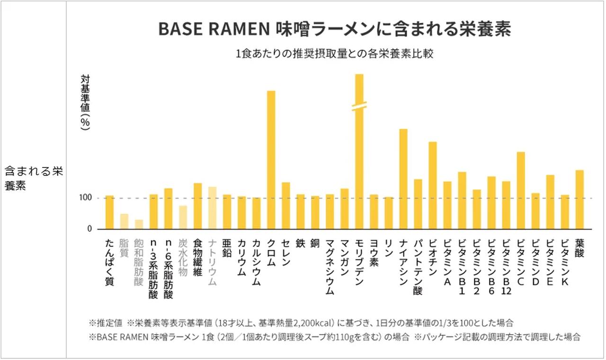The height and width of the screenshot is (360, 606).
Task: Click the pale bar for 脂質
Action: pyautogui.click(x=124, y=221)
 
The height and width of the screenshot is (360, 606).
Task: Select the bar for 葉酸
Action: pyautogui.click(x=579, y=199)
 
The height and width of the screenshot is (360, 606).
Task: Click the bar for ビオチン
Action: pyautogui.click(x=433, y=185)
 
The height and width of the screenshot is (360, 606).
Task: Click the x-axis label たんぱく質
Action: pyautogui.click(x=109, y=263)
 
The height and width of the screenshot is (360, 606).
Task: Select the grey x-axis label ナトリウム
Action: pyautogui.click(x=212, y=262)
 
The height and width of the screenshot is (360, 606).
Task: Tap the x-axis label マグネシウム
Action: pyautogui.click(x=330, y=267)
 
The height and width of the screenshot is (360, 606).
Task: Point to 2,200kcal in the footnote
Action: pyautogui.click(x=309, y=323)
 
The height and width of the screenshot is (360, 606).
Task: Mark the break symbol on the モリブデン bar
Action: pyautogui.click(x=359, y=106)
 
